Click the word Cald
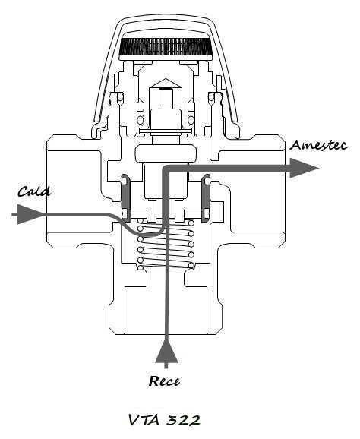point(34,191)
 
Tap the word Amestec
point(319,145)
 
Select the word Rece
point(164,381)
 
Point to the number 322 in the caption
point(185,420)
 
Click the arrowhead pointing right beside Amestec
point(304,168)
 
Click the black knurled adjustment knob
point(166,47)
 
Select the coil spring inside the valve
point(166,244)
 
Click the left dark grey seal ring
point(125,197)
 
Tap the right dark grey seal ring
point(207,197)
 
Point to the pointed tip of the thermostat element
point(166,79)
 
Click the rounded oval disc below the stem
point(166,153)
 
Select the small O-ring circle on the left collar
point(120,97)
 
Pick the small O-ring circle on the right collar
point(211,97)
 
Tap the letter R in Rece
point(153,381)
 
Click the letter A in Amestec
point(295,145)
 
